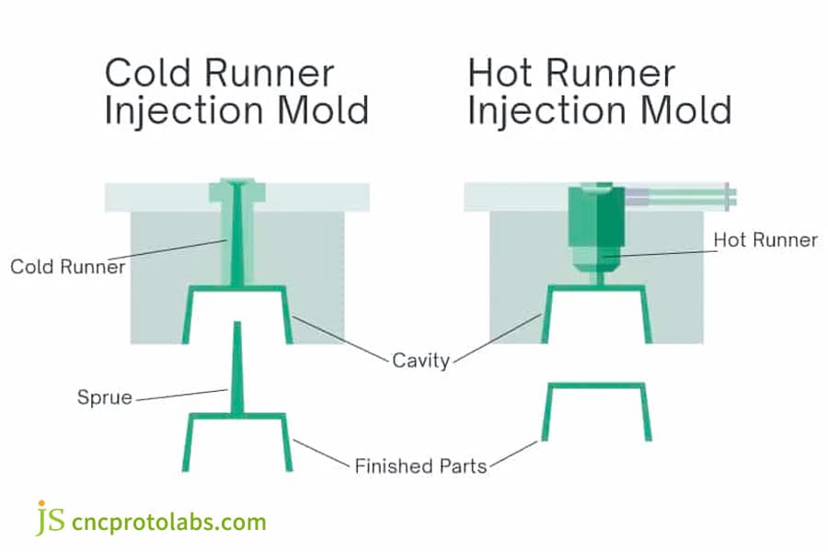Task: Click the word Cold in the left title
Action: [x=148, y=73]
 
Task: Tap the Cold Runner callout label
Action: [x=67, y=266]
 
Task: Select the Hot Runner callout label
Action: [x=765, y=240]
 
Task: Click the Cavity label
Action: [x=420, y=361]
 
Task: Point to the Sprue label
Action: [x=105, y=397]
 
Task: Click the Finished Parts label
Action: [x=420, y=466]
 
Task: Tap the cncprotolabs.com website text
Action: [x=168, y=522]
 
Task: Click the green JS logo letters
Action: [x=51, y=518]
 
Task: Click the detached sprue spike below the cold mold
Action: [x=237, y=367]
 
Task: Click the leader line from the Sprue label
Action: [x=182, y=395]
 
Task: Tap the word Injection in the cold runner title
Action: [x=184, y=112]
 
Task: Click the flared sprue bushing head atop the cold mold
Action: [x=237, y=190]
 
